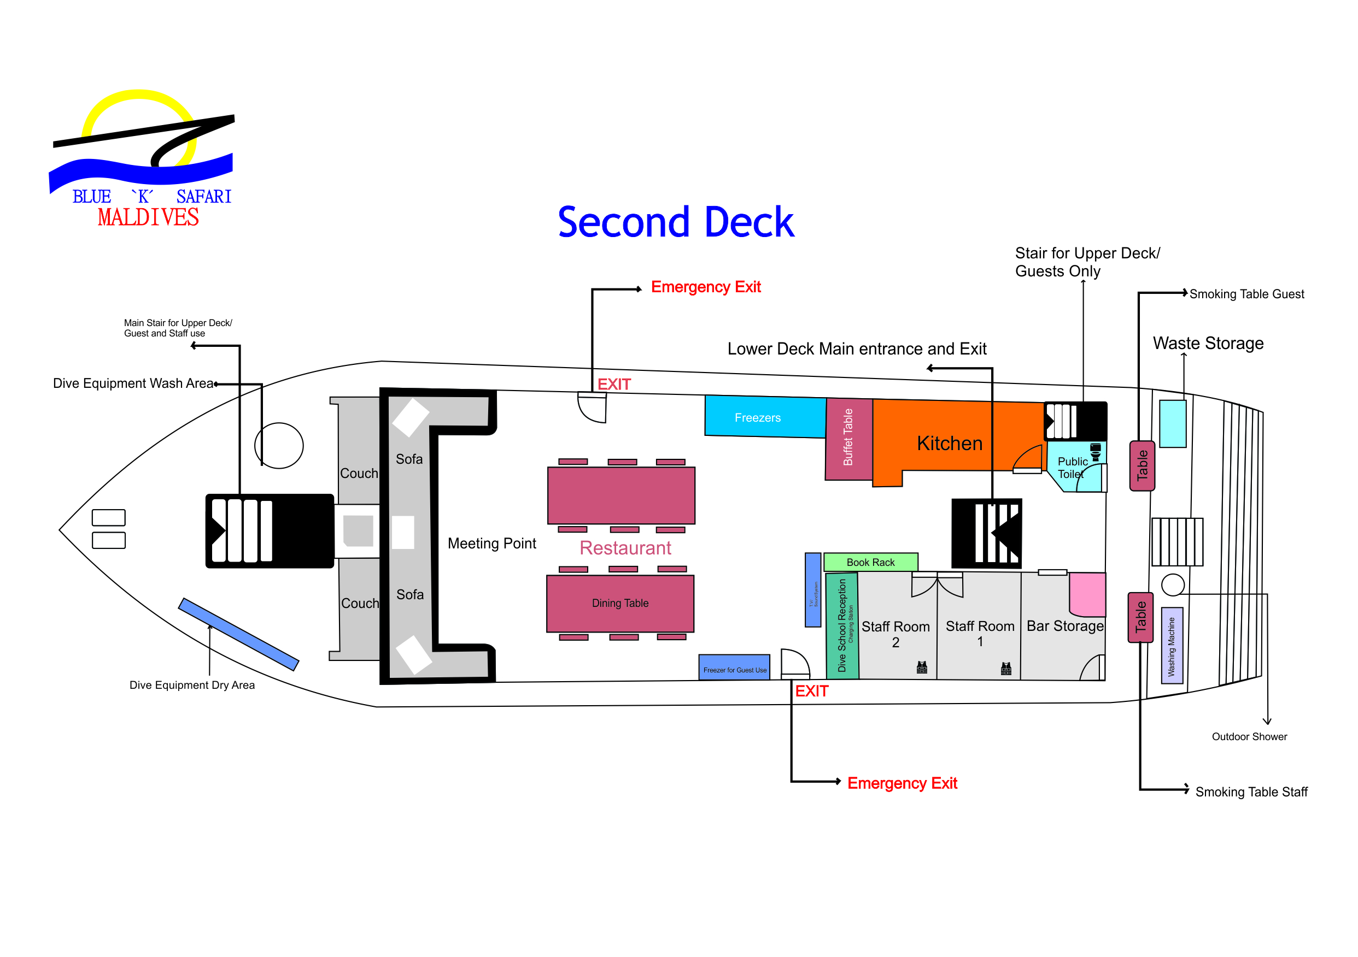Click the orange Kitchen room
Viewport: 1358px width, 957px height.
[949, 443]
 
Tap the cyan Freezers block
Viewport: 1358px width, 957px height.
[763, 417]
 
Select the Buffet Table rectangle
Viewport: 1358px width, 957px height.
[848, 438]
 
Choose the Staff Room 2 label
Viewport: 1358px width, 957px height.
[895, 633]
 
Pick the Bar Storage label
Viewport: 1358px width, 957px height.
[1064, 625]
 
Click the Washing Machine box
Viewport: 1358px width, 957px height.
[1171, 646]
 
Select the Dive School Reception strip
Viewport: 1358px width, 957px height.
[842, 625]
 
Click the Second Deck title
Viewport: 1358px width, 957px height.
[676, 222]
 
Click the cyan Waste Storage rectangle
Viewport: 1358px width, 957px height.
[1172, 423]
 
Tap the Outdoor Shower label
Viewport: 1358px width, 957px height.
[1249, 736]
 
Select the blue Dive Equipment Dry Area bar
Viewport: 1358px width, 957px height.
[238, 634]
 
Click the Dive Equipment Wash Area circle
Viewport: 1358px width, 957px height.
[279, 446]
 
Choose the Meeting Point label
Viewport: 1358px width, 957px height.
[491, 543]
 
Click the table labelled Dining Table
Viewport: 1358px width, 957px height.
[620, 603]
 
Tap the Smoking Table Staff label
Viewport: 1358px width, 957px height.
[1251, 791]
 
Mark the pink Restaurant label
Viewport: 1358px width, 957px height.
[625, 548]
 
